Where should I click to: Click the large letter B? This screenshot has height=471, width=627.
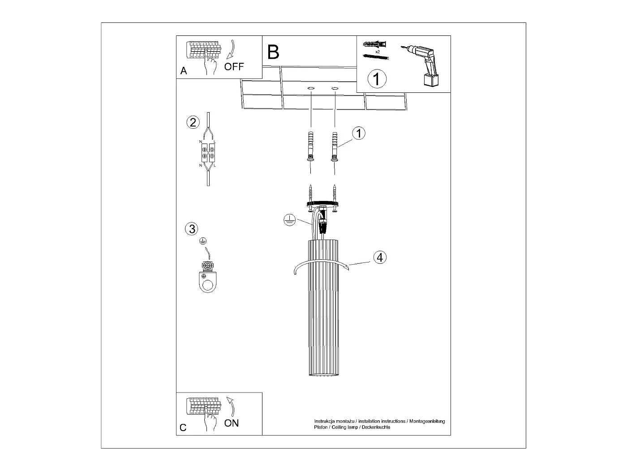point(273,52)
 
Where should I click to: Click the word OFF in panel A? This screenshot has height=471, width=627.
point(234,67)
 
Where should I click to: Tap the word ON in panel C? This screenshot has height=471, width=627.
point(232,423)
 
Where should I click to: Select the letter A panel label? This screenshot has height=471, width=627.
point(184,71)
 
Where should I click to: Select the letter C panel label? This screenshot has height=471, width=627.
point(183,427)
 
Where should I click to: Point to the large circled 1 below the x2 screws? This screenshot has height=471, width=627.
point(377,78)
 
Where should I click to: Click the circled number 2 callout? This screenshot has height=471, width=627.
point(193,122)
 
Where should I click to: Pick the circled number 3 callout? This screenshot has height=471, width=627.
point(191,229)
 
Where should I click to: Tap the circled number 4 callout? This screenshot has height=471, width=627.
point(380,257)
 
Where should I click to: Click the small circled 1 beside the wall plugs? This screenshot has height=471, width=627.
point(359,133)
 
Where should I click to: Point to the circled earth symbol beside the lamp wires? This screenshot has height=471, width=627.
point(289,220)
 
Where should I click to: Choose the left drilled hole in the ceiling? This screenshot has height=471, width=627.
point(311,89)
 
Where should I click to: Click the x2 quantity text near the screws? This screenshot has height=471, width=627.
point(378,52)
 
